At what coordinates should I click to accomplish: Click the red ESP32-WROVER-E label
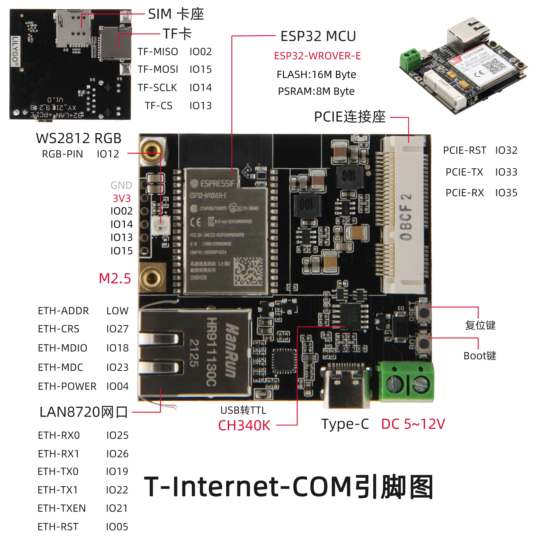[317, 56]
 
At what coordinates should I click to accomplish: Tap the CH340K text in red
[244, 425]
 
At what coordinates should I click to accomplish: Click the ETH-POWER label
[67, 386]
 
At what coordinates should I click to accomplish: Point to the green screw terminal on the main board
[406, 382]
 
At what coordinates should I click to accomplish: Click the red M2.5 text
[115, 279]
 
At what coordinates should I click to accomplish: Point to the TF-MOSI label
[158, 69]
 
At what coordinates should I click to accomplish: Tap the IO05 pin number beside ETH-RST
[117, 527]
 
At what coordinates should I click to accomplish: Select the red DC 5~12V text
[413, 424]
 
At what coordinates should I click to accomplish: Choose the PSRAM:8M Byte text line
[316, 91]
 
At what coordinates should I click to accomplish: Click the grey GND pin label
[121, 185]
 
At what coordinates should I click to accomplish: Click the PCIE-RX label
[464, 193]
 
